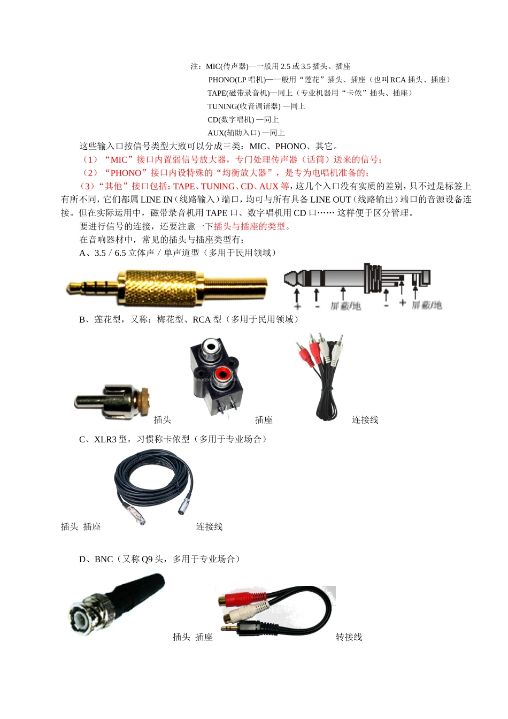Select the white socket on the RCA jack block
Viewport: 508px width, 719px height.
click(211, 347)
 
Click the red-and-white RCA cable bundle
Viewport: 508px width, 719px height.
click(320, 374)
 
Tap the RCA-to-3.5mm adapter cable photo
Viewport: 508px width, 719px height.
click(275, 610)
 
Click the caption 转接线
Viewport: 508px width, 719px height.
click(349, 637)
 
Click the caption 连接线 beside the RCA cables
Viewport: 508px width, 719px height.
click(365, 420)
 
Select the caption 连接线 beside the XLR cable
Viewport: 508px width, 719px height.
click(209, 527)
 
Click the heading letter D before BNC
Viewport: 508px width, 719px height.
click(82, 560)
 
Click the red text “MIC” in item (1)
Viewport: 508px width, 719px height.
click(119, 160)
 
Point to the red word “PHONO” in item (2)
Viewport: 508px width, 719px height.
click(126, 173)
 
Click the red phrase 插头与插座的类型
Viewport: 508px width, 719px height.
click(249, 227)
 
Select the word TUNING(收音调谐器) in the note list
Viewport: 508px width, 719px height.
click(244, 106)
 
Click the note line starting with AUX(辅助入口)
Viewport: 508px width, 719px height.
click(246, 133)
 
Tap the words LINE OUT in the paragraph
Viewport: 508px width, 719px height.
click(330, 200)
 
